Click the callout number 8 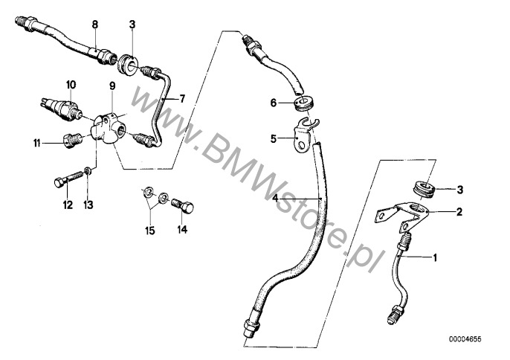(94, 25)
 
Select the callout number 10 (71, 85)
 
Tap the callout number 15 (150, 231)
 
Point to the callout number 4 (276, 198)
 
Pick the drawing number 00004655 (465, 339)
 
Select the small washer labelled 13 (87, 171)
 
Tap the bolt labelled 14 (183, 207)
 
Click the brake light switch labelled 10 (61, 107)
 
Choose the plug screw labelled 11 (71, 140)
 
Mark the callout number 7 (182, 98)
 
